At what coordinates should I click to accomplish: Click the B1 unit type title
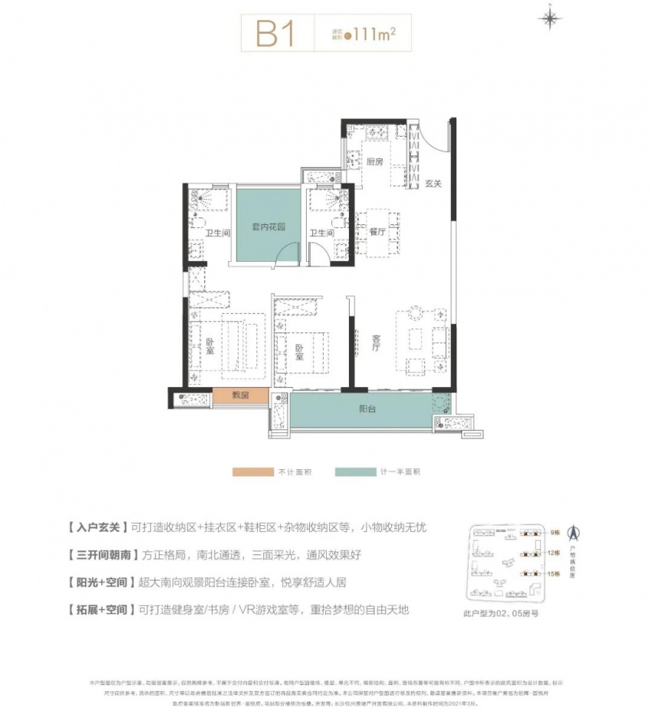click(275, 34)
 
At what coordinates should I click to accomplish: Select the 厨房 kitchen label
click(374, 162)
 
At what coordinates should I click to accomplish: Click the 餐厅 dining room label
click(377, 232)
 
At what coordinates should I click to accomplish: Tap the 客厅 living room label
click(377, 346)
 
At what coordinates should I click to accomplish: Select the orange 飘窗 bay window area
click(240, 397)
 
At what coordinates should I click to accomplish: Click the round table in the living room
click(414, 313)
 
